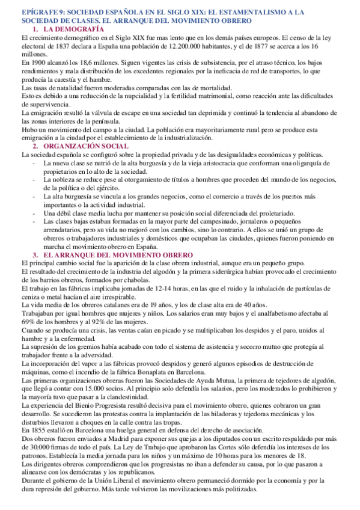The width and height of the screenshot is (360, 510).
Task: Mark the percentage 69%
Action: click(x=28, y=322)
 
